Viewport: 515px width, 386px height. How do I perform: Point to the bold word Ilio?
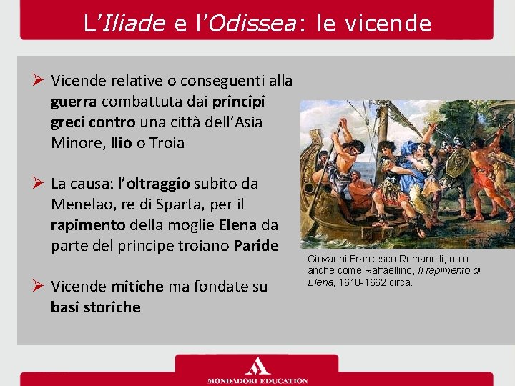121,143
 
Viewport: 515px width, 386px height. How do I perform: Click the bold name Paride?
255,246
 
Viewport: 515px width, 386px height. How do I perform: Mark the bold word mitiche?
137,287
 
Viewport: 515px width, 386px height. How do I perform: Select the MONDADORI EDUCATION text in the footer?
257,380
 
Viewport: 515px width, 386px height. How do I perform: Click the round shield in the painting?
456,162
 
